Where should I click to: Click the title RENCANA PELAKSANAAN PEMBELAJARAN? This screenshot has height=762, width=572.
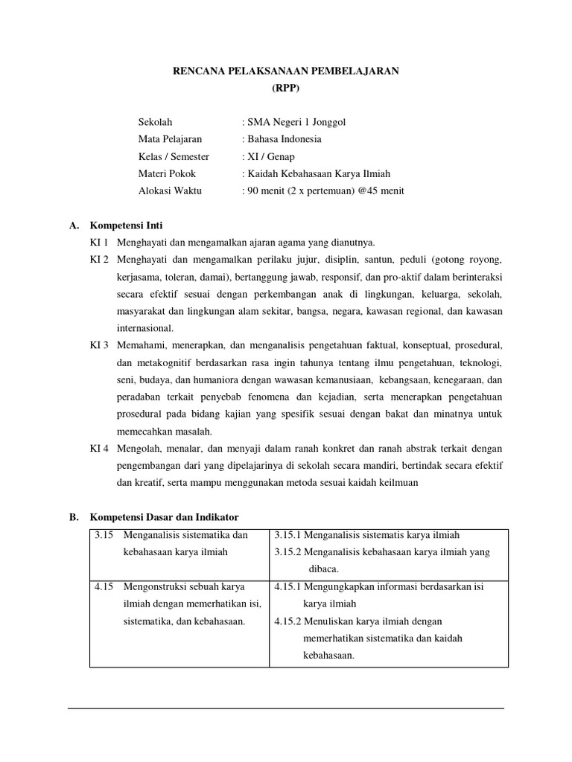(286, 71)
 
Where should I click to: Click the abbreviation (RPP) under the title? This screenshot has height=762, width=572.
(286, 87)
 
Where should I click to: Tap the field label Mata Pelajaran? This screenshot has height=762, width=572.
(170, 138)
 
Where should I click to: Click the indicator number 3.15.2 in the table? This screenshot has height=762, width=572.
(289, 552)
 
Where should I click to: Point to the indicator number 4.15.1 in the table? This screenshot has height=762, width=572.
(289, 586)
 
